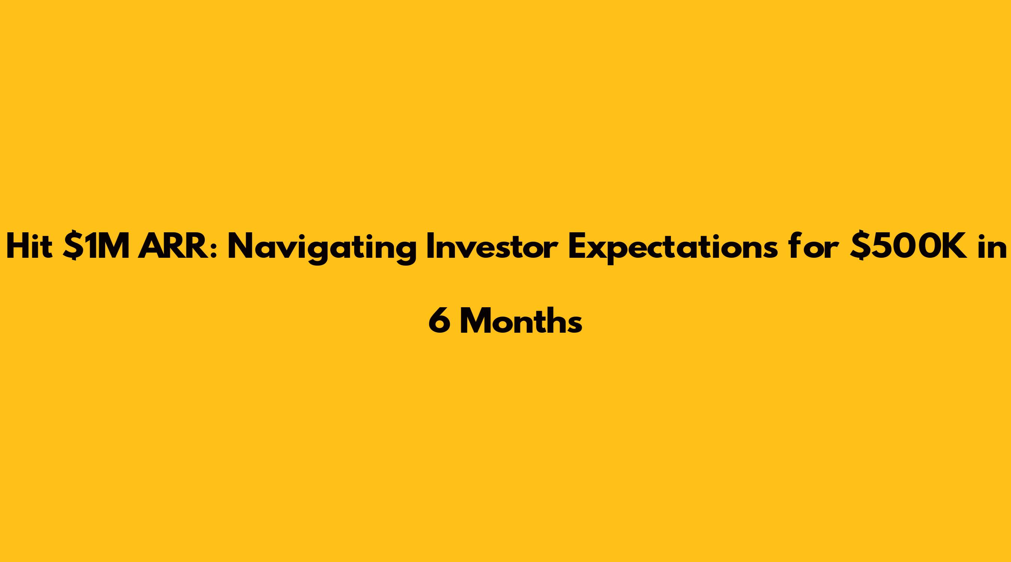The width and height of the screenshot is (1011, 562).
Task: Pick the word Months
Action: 521,321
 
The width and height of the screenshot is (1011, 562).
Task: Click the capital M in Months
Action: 476,321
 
